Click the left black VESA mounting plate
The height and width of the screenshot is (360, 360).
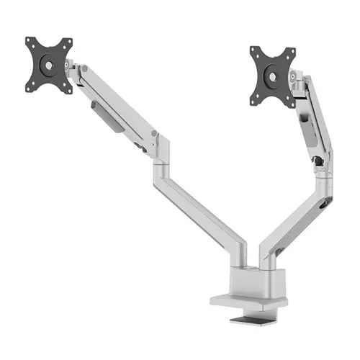(x=50, y=65)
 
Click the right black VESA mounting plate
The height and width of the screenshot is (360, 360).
(x=273, y=75)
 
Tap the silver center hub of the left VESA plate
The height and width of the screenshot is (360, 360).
(x=50, y=65)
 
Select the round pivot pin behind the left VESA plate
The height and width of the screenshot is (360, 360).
(x=71, y=66)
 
